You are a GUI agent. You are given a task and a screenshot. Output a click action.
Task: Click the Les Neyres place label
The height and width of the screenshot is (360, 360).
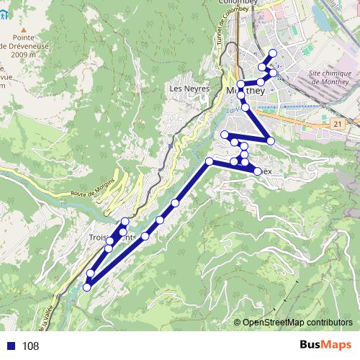click(189, 89)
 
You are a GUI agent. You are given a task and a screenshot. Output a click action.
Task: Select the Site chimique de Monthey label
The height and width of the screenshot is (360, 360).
click(329, 77)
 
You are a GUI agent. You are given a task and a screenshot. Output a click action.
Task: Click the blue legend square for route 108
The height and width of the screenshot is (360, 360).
click(12, 346)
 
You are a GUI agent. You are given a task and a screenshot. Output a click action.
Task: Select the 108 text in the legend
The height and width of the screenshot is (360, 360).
click(30, 346)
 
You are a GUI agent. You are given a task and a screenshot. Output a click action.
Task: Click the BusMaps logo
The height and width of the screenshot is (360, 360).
click(325, 346)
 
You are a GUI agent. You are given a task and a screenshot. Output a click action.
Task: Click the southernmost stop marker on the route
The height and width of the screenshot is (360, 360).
click(86, 287)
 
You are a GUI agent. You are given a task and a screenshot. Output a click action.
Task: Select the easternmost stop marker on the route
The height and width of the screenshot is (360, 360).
click(274, 73)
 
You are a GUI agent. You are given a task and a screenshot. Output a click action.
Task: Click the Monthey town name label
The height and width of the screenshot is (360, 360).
click(246, 92)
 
